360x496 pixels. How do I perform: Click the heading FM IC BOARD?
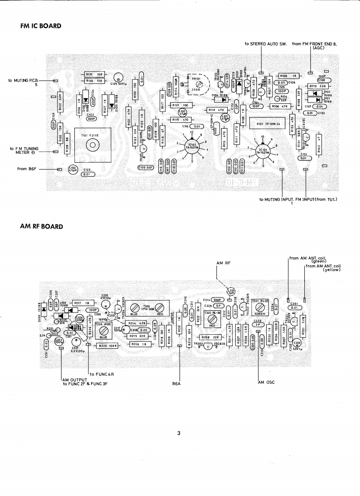[41, 26]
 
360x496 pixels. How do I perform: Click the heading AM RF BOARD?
[42, 227]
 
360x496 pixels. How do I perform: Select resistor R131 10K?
[93, 74]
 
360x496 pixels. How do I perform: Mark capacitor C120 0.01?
[146, 168]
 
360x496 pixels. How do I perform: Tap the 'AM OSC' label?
[266, 382]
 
